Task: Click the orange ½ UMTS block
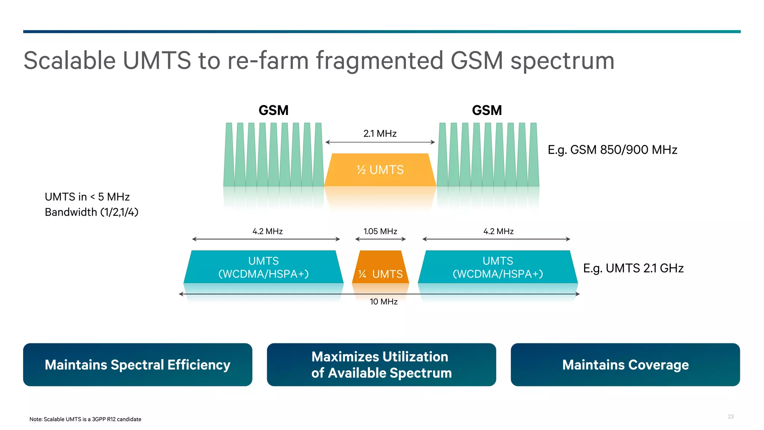(x=380, y=170)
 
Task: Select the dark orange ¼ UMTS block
(x=381, y=267)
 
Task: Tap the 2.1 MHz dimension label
(x=380, y=134)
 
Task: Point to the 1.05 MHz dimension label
(x=380, y=231)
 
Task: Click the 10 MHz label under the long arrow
(x=383, y=302)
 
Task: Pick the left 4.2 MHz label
(x=267, y=231)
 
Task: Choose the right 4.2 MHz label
(x=498, y=231)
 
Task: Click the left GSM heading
(x=273, y=110)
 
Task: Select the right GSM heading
(x=487, y=110)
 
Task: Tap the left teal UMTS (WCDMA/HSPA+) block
(x=263, y=267)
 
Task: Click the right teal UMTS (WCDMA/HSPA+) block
(x=498, y=267)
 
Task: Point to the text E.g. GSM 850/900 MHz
(x=612, y=150)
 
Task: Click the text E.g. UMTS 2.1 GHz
(x=633, y=268)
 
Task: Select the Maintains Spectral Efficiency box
(x=138, y=365)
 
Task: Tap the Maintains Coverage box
(x=625, y=365)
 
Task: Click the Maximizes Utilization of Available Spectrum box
(x=381, y=365)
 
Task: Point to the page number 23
(x=730, y=417)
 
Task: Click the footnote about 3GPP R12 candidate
(x=85, y=419)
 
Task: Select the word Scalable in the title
(x=70, y=60)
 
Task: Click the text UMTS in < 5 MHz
(x=87, y=197)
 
